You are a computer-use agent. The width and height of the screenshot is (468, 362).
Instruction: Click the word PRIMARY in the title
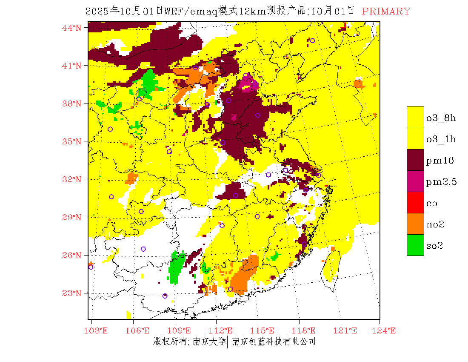click(386, 11)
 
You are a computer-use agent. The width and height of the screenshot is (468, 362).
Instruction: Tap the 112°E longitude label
click(223, 330)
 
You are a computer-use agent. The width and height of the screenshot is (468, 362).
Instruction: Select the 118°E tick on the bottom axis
click(306, 330)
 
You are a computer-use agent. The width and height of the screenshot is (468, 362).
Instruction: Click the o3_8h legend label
click(441, 118)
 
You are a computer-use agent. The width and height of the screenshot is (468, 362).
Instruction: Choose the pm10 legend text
click(440, 161)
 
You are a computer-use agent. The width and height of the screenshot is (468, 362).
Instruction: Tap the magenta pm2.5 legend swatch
click(415, 181)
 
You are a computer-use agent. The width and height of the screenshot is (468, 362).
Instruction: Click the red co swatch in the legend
click(415, 203)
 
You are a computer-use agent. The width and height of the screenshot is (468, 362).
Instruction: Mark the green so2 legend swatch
click(415, 245)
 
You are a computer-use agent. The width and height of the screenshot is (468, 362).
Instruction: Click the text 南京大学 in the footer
click(209, 341)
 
